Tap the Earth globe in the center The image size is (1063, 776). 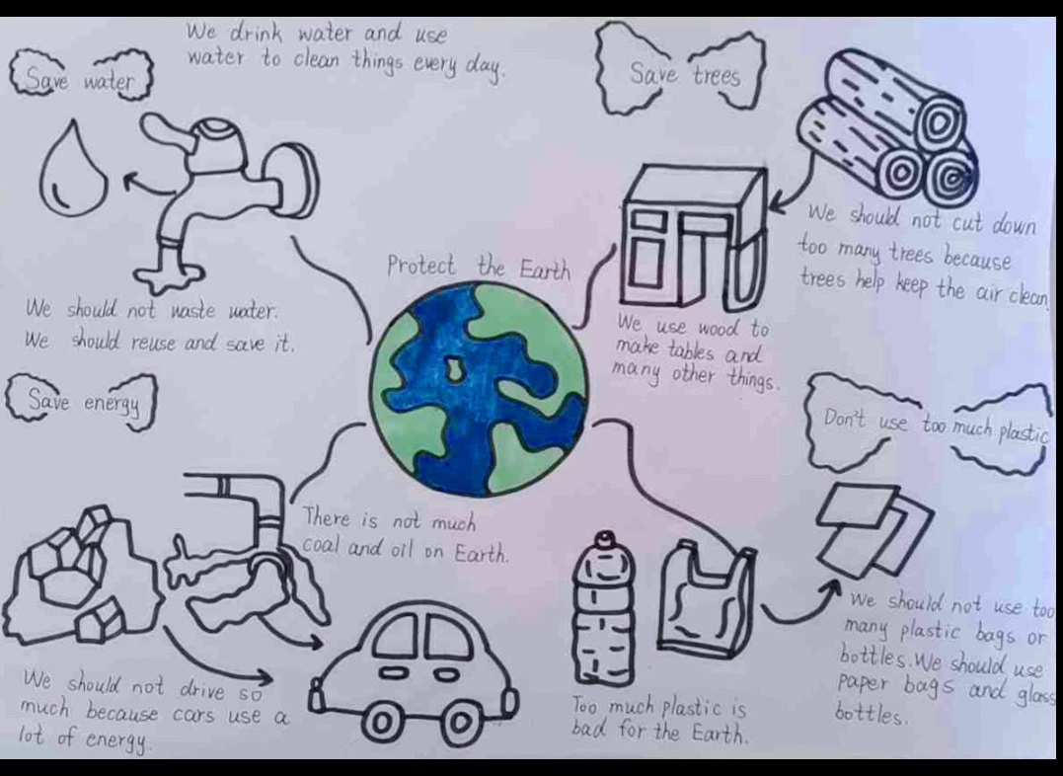point(480,389)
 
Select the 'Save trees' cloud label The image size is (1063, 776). point(681,69)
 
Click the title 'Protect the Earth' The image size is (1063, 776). point(479,267)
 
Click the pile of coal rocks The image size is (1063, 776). point(78,577)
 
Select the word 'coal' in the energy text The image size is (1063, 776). point(322,547)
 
